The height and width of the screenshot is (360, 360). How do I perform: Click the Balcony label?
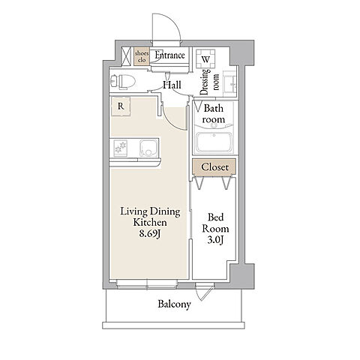[174, 304]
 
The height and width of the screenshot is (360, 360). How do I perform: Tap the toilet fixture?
[123, 82]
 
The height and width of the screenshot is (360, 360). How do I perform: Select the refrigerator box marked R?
[121, 106]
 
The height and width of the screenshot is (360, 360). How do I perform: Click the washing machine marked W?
[205, 59]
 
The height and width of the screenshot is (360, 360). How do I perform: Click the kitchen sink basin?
[148, 148]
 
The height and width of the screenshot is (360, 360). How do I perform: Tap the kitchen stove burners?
[121, 148]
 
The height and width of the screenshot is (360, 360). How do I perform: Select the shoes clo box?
[142, 57]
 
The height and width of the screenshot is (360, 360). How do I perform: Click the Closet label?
[214, 167]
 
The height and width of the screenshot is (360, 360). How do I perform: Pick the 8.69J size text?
[149, 234]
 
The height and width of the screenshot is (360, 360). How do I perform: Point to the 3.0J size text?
[215, 240]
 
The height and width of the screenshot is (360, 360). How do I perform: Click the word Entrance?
[170, 55]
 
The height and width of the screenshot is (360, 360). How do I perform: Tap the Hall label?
[172, 85]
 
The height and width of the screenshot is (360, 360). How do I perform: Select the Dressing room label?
[210, 82]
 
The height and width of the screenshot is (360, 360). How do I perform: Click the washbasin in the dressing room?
[229, 83]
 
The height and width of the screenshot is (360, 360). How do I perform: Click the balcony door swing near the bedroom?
[205, 292]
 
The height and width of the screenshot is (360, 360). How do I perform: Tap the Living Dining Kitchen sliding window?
[147, 284]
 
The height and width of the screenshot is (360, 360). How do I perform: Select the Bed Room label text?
[215, 223]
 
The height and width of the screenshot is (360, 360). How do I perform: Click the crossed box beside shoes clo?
[126, 56]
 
